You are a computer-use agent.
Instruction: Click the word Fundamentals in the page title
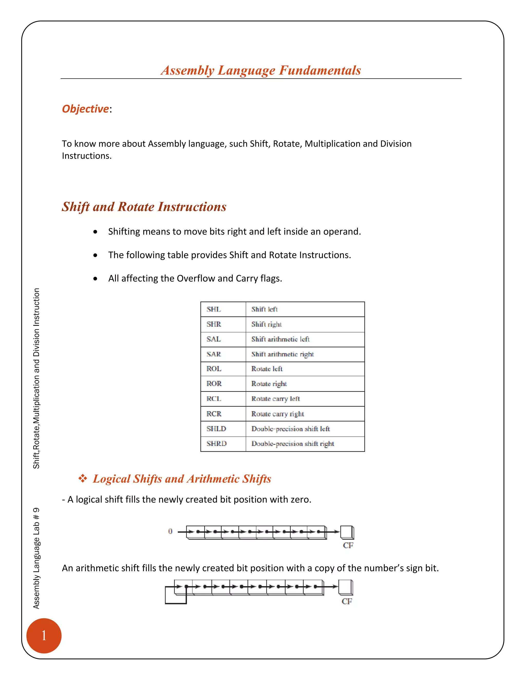pyautogui.click(x=320, y=70)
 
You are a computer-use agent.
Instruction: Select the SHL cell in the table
pyautogui.click(x=214, y=309)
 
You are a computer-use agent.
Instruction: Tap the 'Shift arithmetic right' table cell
pyautogui.click(x=282, y=354)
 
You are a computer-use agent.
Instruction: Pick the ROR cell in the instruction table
pyautogui.click(x=214, y=384)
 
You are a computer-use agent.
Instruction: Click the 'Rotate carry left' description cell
pyautogui.click(x=276, y=399)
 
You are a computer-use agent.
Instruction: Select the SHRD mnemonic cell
pyautogui.click(x=217, y=443)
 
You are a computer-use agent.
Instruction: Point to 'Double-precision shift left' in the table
pyautogui.click(x=290, y=429)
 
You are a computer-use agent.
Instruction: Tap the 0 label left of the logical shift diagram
pyautogui.click(x=170, y=531)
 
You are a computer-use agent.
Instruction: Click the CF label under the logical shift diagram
pyautogui.click(x=348, y=545)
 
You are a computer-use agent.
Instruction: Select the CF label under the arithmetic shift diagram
pyautogui.click(x=346, y=601)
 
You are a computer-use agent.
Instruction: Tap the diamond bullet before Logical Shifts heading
pyautogui.click(x=83, y=478)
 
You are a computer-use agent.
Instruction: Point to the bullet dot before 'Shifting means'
pyautogui.click(x=95, y=232)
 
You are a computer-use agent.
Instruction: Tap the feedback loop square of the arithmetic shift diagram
pyautogui.click(x=175, y=595)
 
